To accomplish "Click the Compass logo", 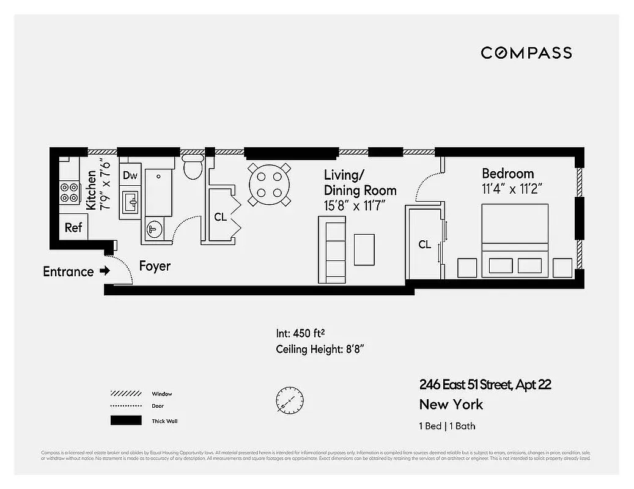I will coord(526,53).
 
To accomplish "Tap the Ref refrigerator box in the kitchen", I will coord(73,227).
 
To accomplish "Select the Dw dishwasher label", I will coord(130,176).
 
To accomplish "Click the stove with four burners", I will coord(69,193).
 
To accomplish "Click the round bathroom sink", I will coord(153,230).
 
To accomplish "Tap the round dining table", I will coord(269,184).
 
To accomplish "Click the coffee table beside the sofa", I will coord(364,249).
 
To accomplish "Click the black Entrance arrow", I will coord(105,271).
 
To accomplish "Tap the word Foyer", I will coord(155,267).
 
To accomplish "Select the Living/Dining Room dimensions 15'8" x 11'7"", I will coord(355,207).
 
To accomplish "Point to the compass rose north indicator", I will coord(289,400).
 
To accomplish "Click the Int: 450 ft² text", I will coord(300,334).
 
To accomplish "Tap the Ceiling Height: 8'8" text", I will coord(320,350).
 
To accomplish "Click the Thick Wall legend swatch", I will coord(125,421).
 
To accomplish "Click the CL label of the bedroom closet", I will coord(424,244).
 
